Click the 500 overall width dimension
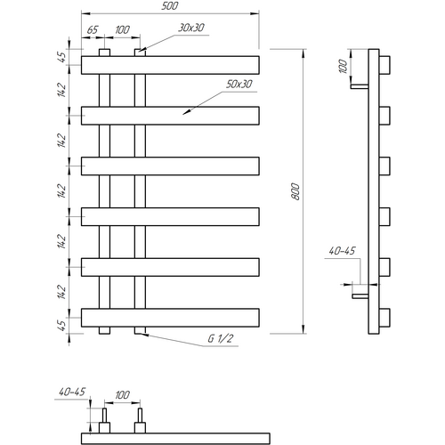(x=170, y=6)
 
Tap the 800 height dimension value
(x=296, y=191)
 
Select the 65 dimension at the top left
(x=93, y=30)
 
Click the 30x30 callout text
(x=191, y=28)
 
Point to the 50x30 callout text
(x=239, y=85)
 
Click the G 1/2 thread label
(x=221, y=338)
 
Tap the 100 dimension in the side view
(x=343, y=67)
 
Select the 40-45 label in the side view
(x=342, y=251)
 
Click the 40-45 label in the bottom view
(x=72, y=392)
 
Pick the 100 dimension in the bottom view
(x=122, y=395)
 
